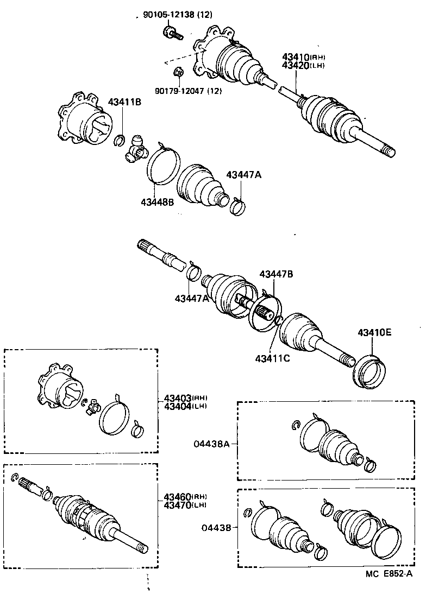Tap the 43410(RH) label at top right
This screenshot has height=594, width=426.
pyautogui.click(x=303, y=57)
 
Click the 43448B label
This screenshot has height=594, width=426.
pyautogui.click(x=157, y=203)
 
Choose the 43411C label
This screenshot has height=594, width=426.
pyautogui.click(x=272, y=358)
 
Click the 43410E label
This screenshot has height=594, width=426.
pyautogui.click(x=374, y=333)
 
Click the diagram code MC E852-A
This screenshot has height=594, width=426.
pyautogui.click(x=389, y=574)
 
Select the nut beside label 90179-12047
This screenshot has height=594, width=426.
pyautogui.click(x=177, y=72)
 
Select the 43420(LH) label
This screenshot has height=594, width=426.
pyautogui.click(x=303, y=65)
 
